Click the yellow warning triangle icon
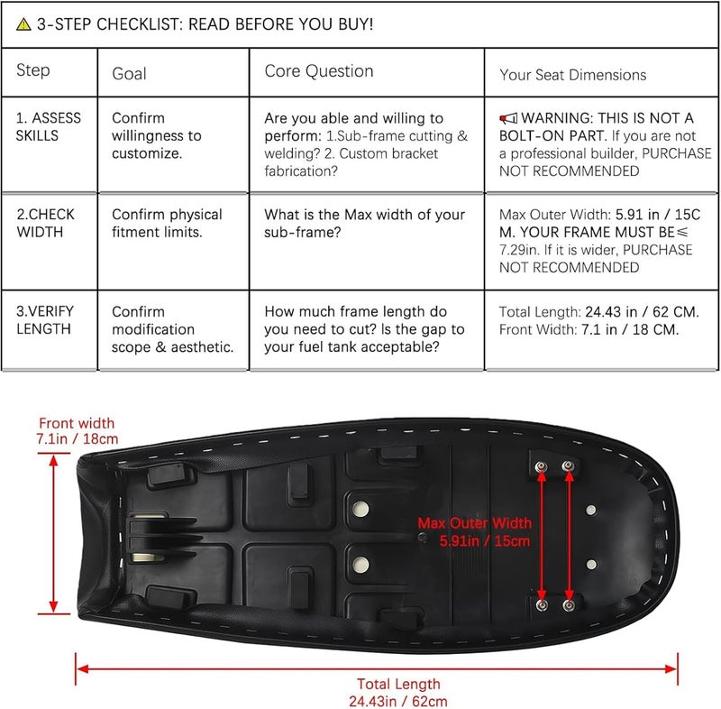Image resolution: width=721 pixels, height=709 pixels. (x=23, y=24)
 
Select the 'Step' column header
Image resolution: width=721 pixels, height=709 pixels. (x=33, y=70)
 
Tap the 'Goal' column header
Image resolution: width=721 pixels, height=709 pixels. (x=129, y=74)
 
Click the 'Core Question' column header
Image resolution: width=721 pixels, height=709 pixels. (x=319, y=71)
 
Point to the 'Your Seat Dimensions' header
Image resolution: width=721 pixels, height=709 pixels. (x=573, y=75)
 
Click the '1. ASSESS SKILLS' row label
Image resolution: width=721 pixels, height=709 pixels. (x=49, y=126)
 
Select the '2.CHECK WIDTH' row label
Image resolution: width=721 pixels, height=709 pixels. (x=46, y=223)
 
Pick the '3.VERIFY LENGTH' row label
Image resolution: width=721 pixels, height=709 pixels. (x=44, y=319)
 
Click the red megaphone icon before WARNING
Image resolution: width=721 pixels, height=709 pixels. (x=508, y=118)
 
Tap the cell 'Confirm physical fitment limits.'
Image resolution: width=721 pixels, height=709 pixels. (x=167, y=223)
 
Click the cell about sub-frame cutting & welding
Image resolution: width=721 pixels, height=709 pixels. (x=366, y=144)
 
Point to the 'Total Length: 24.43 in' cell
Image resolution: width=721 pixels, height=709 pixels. (x=599, y=321)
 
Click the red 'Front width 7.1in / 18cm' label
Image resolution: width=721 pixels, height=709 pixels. (x=77, y=430)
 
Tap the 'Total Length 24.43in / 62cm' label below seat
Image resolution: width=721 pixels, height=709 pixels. (x=398, y=693)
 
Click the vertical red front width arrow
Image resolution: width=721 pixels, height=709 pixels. (x=54, y=533)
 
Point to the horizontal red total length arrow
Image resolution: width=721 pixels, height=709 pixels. (x=377, y=668)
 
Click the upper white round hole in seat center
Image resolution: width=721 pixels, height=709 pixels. (x=360, y=510)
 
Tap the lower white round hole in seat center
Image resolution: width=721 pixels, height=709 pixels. (x=360, y=565)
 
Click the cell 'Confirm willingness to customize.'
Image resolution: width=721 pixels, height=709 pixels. (x=156, y=135)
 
